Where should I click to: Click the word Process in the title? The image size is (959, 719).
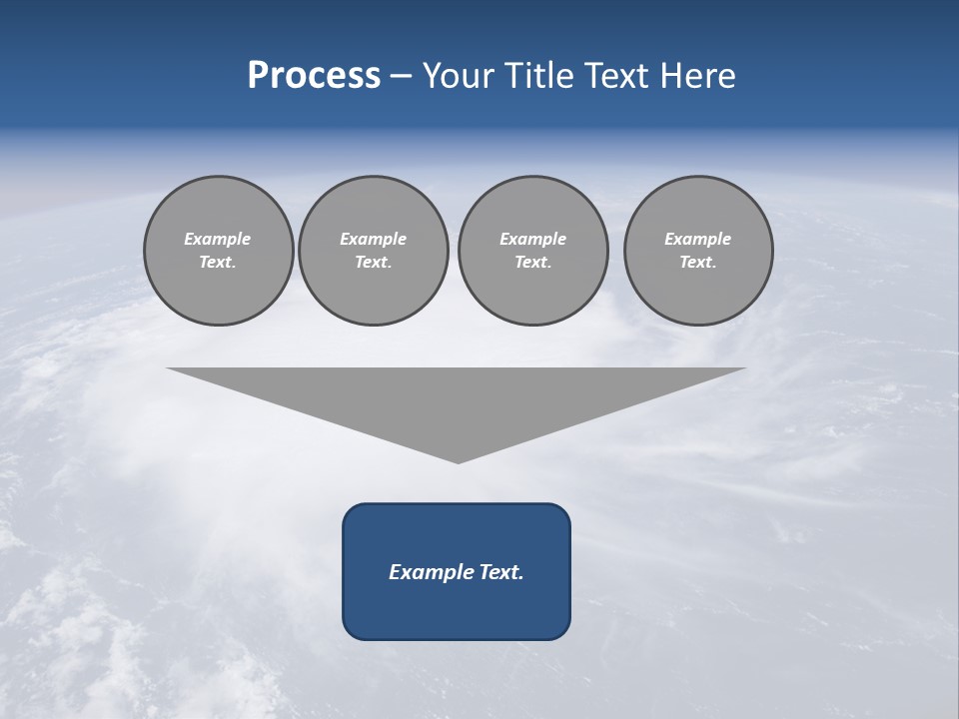tap(314, 76)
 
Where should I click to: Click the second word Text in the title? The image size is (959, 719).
tap(622, 76)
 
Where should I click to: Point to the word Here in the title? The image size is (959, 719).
tap(701, 76)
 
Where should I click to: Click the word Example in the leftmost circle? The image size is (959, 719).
tap(218, 239)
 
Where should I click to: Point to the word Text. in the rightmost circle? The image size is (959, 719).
tap(698, 263)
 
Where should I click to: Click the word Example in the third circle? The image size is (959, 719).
tap(533, 239)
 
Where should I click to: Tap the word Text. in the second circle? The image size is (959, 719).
tap(374, 263)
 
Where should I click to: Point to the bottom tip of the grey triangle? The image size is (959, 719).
tap(458, 461)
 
